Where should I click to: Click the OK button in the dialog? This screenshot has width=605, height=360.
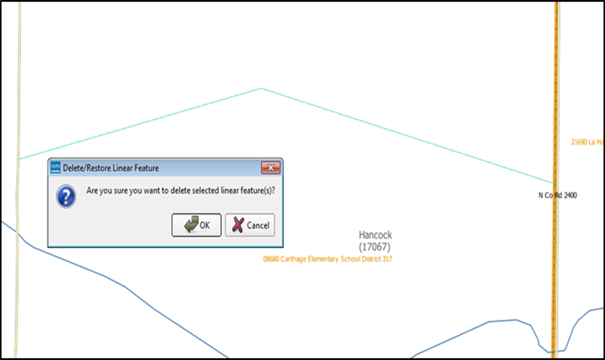pos(197,225)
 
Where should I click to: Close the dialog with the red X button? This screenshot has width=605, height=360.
pos(269,167)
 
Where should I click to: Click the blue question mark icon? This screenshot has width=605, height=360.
pos(65,196)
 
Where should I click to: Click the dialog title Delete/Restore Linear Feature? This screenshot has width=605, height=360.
pos(110,168)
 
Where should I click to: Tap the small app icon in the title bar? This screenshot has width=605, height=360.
pos(56,167)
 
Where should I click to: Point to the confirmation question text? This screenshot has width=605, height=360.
pos(181,191)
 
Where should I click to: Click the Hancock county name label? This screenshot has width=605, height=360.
pos(374,235)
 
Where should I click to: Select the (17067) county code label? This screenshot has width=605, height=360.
pos(374,247)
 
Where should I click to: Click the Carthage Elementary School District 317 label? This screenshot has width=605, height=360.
pos(327,260)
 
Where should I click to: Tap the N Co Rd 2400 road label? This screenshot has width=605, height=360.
pos(557,195)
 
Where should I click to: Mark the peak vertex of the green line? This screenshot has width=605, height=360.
pos(261,88)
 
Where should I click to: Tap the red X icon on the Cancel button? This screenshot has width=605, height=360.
pos(238,225)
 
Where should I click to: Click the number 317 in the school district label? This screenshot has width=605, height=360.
pos(386,260)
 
